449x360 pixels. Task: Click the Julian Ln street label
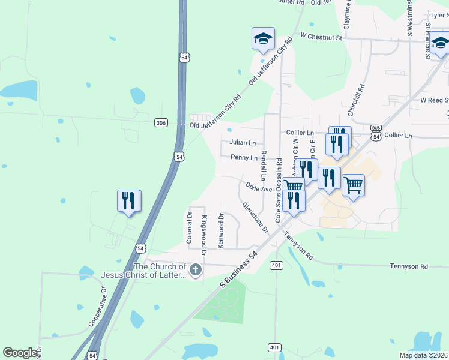pyautogui.click(x=243, y=143)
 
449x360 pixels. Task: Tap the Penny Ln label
pyautogui.click(x=244, y=157)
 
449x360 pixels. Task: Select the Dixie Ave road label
pyautogui.click(x=259, y=188)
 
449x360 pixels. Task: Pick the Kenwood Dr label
pyautogui.click(x=221, y=231)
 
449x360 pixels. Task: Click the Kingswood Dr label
pyautogui.click(x=204, y=236)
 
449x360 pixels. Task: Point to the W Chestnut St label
pyautogui.click(x=321, y=37)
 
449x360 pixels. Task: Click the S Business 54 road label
pyautogui.click(x=240, y=269)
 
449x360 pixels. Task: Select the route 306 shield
pyautogui.click(x=160, y=122)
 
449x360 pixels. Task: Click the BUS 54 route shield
pyautogui.click(x=376, y=133)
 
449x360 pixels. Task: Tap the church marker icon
pyautogui.click(x=194, y=271)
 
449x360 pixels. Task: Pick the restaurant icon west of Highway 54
pyautogui.click(x=129, y=201)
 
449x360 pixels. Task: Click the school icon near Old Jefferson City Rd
pyautogui.click(x=263, y=38)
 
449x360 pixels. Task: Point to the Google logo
pyautogui.click(x=20, y=353)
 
